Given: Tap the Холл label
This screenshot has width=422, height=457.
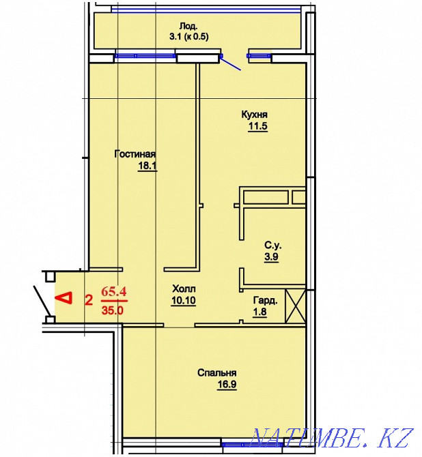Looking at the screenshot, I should click(x=184, y=289).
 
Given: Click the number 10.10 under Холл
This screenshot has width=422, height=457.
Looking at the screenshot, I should click(x=184, y=301).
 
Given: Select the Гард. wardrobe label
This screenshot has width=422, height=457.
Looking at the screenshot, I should click(x=266, y=300).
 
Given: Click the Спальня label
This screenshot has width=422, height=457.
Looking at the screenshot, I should click(x=217, y=372).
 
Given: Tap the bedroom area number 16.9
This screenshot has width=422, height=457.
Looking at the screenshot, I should click(x=217, y=384).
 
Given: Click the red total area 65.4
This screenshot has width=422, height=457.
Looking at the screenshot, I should click(x=113, y=291).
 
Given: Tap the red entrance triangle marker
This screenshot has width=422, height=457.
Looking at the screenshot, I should click(x=64, y=297).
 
